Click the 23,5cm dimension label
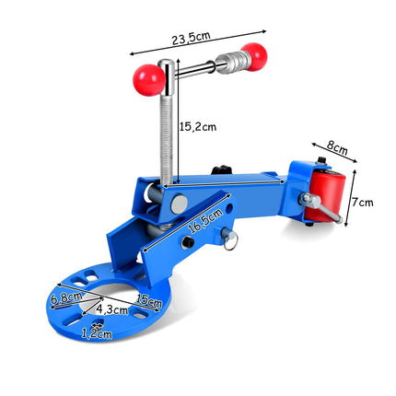pos(191,38)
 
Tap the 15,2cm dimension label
pos(198,126)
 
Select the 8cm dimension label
pos(337,148)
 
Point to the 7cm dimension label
pos(362,203)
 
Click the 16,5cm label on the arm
pos(204,220)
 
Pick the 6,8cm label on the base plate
pos(66,297)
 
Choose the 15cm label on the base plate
pos(148,301)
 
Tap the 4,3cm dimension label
pos(111,309)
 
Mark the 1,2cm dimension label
pos(97,333)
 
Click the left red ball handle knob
pos(149,80)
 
